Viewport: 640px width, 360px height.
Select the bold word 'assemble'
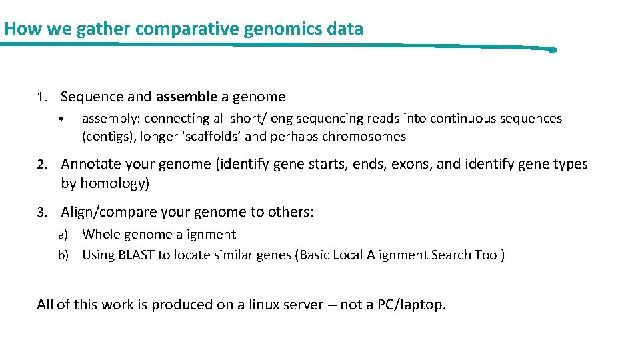(x=187, y=97)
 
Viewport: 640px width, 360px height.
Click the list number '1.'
(x=43, y=97)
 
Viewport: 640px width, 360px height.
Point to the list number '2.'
(x=43, y=165)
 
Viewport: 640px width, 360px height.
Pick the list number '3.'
(x=43, y=213)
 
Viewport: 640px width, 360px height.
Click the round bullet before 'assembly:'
(x=61, y=120)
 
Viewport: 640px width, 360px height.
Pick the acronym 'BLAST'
(x=136, y=255)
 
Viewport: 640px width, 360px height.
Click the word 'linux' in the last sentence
(x=267, y=305)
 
